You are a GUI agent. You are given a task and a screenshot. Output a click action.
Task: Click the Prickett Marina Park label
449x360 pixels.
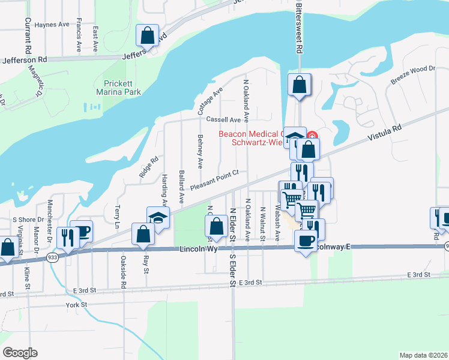click(x=119, y=88)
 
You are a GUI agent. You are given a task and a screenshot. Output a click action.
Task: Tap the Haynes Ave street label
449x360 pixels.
click(x=52, y=25)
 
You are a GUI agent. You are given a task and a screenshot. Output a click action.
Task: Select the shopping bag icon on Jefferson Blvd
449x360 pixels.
click(x=147, y=36)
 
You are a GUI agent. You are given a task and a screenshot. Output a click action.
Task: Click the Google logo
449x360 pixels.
click(x=20, y=352)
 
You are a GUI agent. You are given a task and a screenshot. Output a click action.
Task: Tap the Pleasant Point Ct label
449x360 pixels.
click(x=214, y=180)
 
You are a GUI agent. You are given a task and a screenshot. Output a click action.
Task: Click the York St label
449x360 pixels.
click(x=76, y=305)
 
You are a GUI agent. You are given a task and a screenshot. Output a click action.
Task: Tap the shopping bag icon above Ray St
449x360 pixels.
click(x=143, y=234)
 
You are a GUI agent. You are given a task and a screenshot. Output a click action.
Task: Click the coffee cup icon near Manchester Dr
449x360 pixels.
click(x=81, y=232)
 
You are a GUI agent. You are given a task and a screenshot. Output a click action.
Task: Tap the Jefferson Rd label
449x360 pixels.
click(x=25, y=60)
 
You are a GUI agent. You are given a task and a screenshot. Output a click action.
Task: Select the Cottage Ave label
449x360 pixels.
click(x=210, y=101)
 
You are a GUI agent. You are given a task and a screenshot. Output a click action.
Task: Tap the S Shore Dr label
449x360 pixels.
click(x=28, y=220)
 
